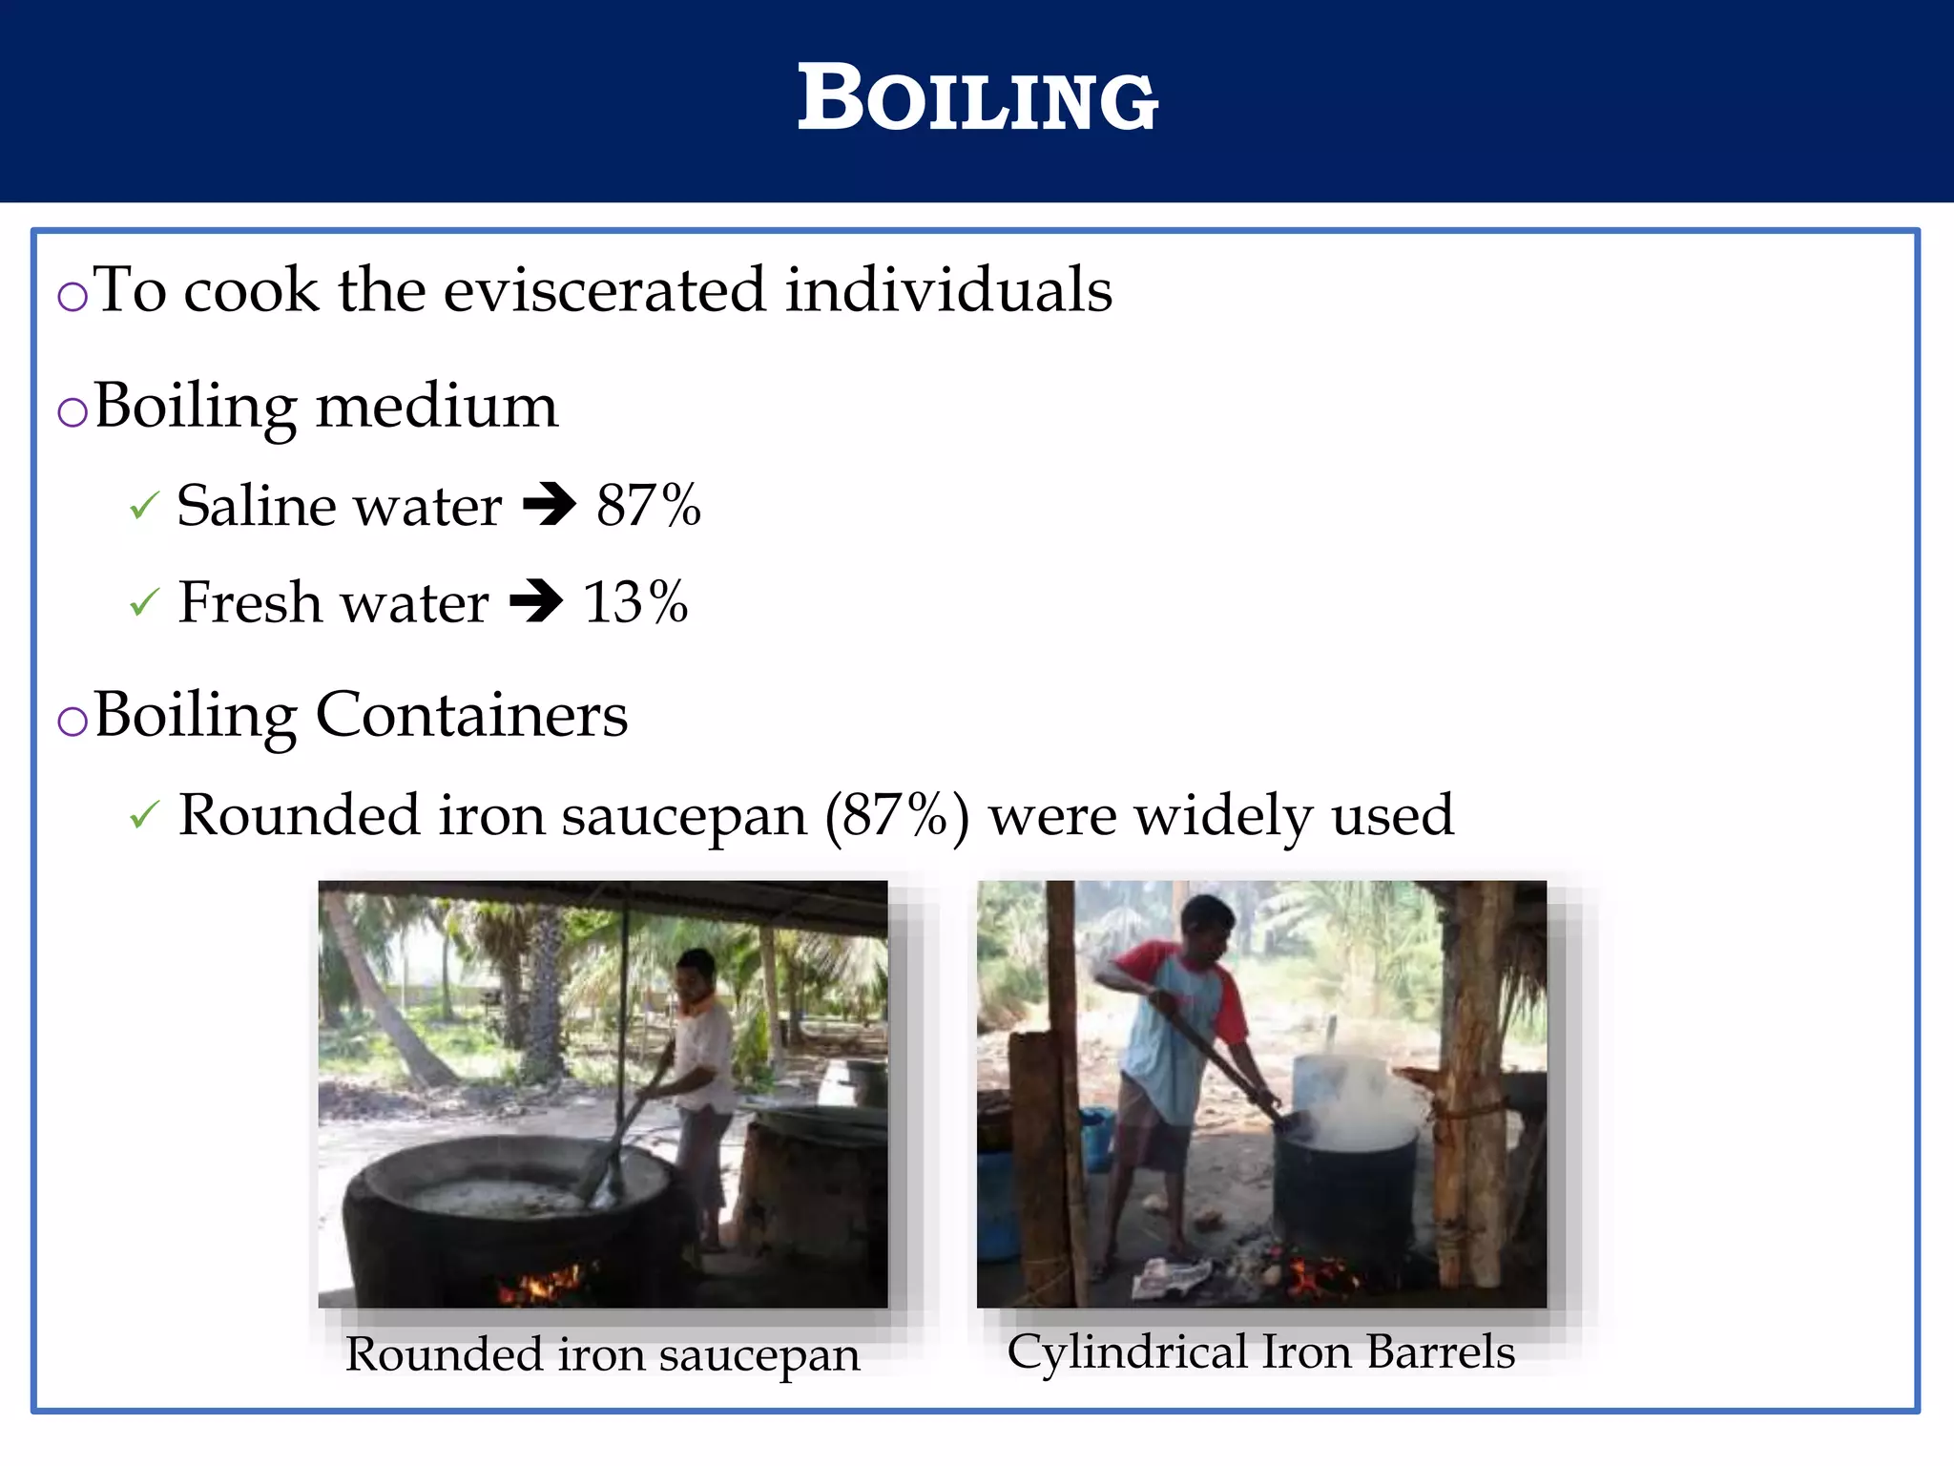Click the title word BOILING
point(977,99)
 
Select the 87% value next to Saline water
point(648,505)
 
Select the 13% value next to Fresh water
point(635,602)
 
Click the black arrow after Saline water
point(550,505)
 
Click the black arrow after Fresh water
point(536,601)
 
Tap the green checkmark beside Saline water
point(143,506)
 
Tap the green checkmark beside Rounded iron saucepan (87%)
point(143,815)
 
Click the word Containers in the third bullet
point(471,715)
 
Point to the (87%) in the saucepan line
point(897,816)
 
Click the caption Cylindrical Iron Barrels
point(1260,1351)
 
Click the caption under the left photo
point(602,1354)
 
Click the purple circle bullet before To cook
point(73,297)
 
